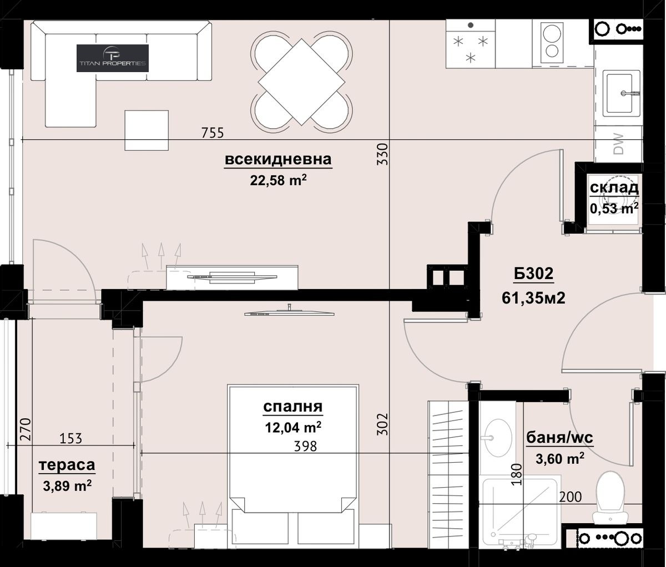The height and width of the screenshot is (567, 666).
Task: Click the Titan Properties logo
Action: [113, 58]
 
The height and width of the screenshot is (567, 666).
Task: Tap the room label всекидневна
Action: [278, 159]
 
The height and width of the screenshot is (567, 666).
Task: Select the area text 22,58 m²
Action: [278, 180]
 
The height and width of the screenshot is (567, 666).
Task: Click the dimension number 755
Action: [213, 133]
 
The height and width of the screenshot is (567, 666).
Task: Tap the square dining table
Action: [301, 82]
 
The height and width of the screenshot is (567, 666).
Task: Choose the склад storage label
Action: [614, 188]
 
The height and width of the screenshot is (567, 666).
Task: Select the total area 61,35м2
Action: [533, 298]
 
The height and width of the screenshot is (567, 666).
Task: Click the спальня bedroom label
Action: [293, 407]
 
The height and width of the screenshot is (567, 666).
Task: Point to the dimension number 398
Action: [305, 447]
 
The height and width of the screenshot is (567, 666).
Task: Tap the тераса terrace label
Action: [67, 465]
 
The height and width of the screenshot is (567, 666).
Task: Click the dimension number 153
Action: [71, 438]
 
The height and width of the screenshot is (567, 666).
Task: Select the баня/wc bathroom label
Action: [559, 438]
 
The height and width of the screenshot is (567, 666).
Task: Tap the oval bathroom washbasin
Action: [498, 438]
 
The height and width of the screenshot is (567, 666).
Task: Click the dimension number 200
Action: [571, 497]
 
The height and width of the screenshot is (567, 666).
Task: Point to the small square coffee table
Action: [147, 130]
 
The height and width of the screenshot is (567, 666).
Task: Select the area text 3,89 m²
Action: [67, 485]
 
